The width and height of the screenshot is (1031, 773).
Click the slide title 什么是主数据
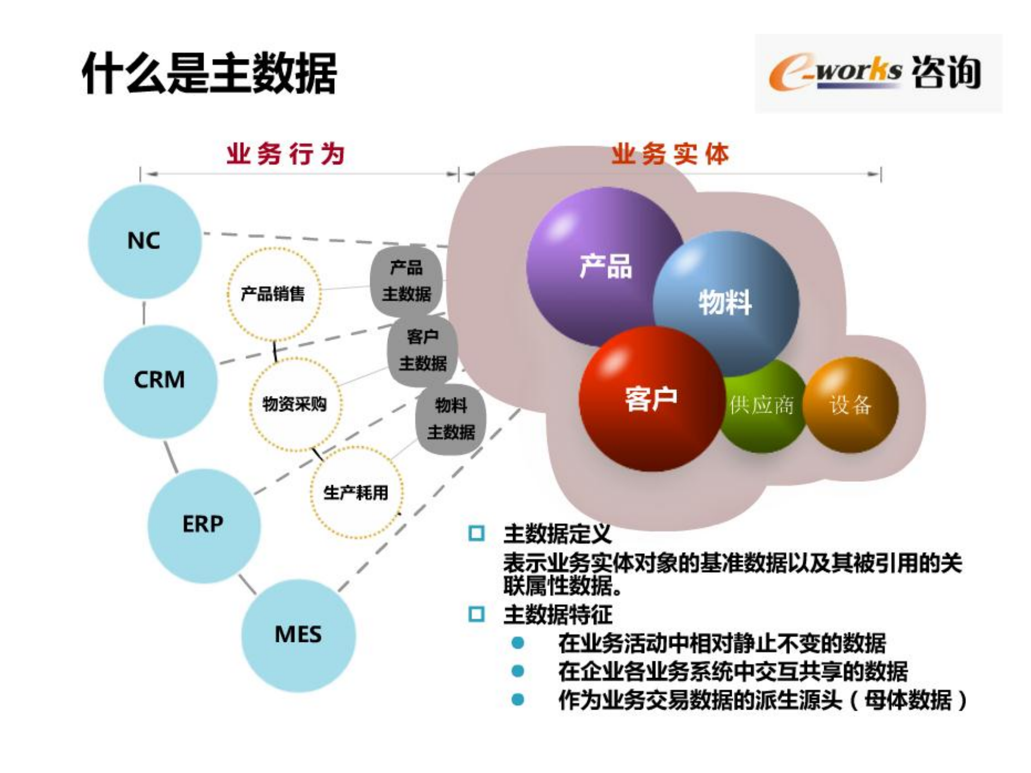click(x=209, y=74)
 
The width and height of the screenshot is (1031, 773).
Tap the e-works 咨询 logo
click(x=877, y=73)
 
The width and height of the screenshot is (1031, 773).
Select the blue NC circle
click(x=144, y=241)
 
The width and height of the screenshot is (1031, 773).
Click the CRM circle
click(x=160, y=380)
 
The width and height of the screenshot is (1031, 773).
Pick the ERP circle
click(x=203, y=524)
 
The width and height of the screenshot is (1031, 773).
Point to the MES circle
click(x=298, y=634)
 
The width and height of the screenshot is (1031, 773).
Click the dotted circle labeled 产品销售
click(x=273, y=294)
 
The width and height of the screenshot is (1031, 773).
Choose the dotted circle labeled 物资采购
click(x=294, y=404)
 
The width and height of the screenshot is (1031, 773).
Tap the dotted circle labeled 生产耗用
click(x=356, y=492)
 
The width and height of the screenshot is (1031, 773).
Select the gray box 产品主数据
click(x=406, y=281)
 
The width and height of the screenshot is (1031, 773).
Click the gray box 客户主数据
click(x=423, y=350)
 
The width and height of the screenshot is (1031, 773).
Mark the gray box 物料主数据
click(x=451, y=419)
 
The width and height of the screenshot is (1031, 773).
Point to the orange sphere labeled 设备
click(x=850, y=404)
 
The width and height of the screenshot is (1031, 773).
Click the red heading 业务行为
click(x=285, y=154)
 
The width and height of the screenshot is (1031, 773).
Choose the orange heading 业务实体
click(x=670, y=154)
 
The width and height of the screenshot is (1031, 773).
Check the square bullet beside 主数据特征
click(x=476, y=614)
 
